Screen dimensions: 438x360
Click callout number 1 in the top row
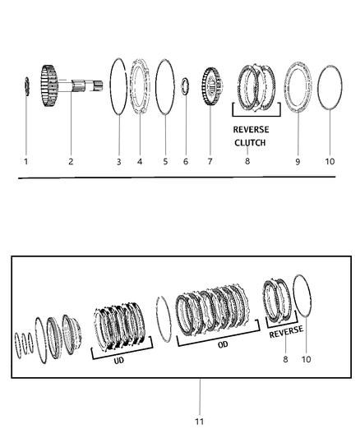pyautogui.click(x=25, y=162)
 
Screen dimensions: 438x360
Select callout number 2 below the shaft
pyautogui.click(x=71, y=162)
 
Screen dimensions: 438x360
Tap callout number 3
pyautogui.click(x=118, y=162)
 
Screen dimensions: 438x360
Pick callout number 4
pyautogui.click(x=140, y=162)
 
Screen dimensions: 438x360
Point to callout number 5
pyautogui.click(x=165, y=162)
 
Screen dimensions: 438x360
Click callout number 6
pyautogui.click(x=186, y=162)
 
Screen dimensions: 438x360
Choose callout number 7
pyautogui.click(x=209, y=162)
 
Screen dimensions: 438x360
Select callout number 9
pyautogui.click(x=298, y=162)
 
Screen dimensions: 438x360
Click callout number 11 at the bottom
pyautogui.click(x=199, y=422)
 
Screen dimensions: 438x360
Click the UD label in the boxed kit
pyautogui.click(x=122, y=362)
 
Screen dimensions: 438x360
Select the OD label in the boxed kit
pyautogui.click(x=224, y=345)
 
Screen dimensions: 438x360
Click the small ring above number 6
pyautogui.click(x=187, y=84)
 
